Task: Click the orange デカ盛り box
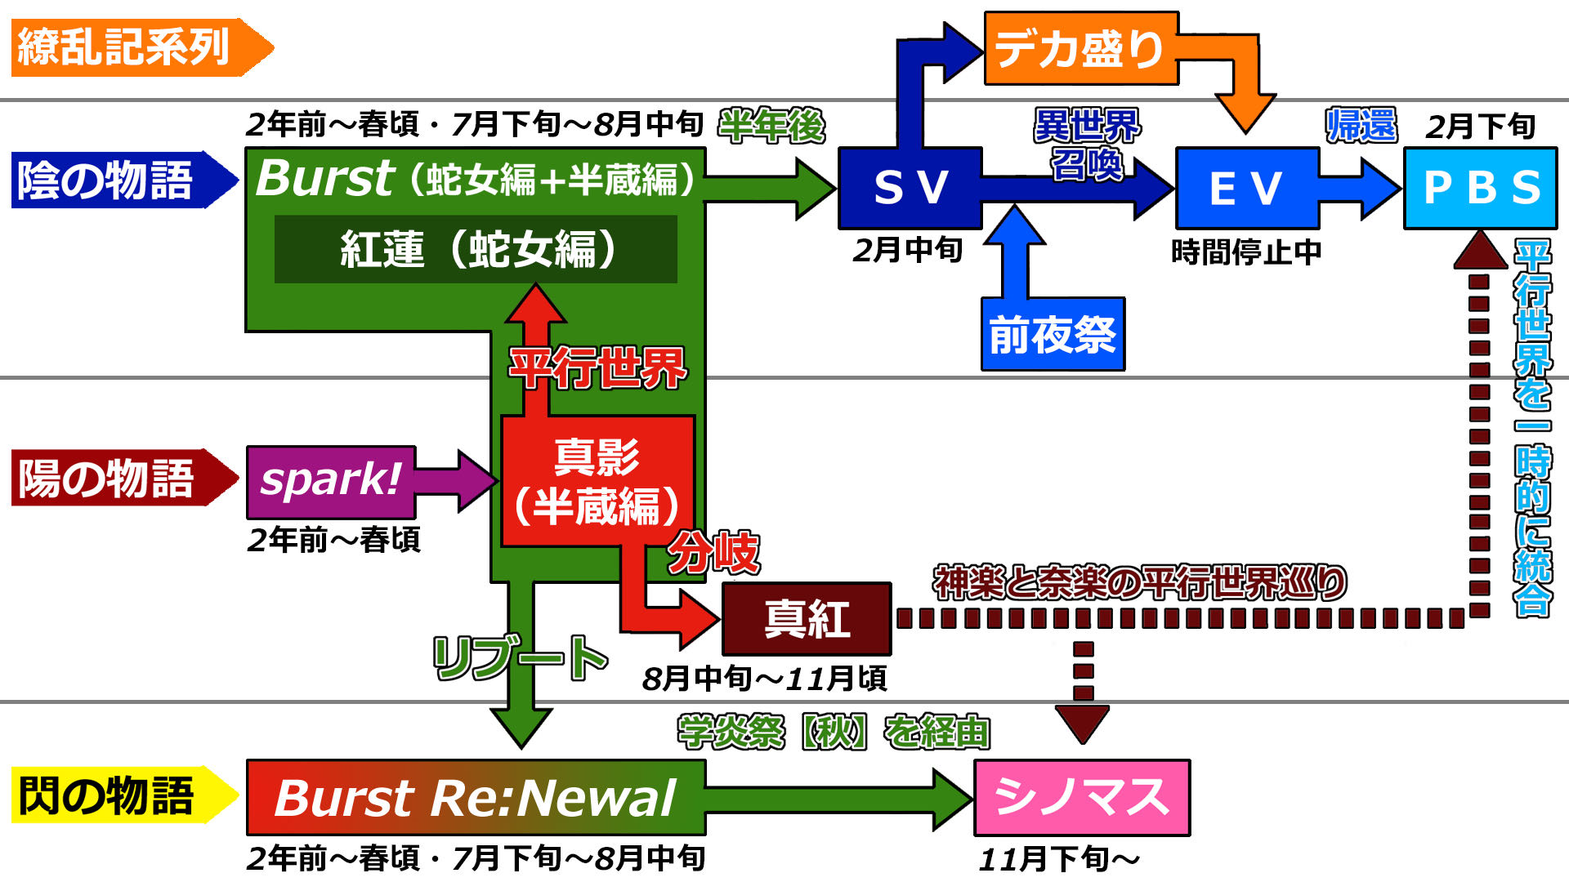coord(1080,48)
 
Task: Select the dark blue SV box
coord(910,188)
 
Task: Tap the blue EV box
coord(1247,188)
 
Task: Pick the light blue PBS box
coord(1481,188)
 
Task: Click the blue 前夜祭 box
coord(1053,334)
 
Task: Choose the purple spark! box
coord(331,482)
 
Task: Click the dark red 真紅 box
coord(807,619)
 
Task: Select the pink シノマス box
coord(1082,798)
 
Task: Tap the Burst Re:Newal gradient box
coord(476,798)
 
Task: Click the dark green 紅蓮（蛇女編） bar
coord(476,249)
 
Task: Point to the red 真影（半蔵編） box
coord(597,481)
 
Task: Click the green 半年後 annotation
coord(771,126)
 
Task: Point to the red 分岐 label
coord(713,553)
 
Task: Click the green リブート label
coord(520,658)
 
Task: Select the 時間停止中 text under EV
coord(1246,252)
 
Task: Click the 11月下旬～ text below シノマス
coord(1059,859)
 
